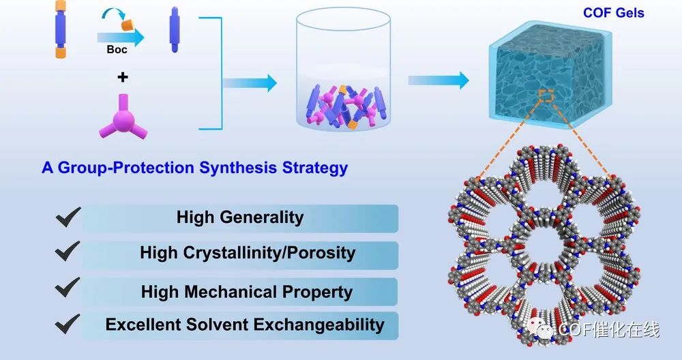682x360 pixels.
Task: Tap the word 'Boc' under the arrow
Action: point(117,50)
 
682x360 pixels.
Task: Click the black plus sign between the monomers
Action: point(122,77)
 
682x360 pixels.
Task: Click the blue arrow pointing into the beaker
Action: point(250,83)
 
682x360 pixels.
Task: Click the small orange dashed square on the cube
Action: point(546,96)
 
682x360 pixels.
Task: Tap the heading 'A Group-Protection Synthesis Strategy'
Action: point(194,168)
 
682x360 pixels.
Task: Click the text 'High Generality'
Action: point(240,217)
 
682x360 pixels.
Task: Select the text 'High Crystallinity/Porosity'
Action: point(248,253)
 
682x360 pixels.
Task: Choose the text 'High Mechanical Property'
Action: point(247,292)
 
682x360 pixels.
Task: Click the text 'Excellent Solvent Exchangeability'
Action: point(245,324)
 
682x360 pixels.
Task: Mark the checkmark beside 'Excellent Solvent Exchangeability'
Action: point(68,323)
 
